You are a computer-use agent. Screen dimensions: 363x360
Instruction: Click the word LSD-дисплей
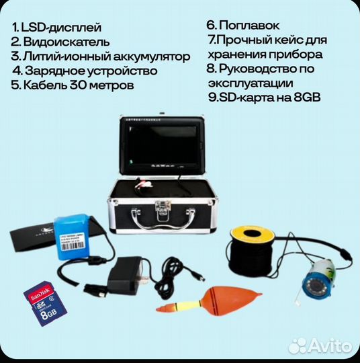click(62, 28)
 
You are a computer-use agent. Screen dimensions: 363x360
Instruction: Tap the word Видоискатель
click(64, 42)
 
